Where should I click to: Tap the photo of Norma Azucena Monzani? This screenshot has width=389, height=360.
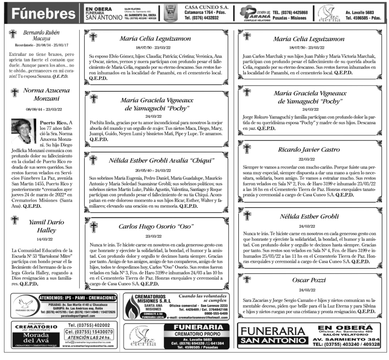coord(23,131)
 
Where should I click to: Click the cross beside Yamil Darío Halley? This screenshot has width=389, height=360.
coord(15,220)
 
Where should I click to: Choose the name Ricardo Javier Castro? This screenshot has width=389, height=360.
coord(309,150)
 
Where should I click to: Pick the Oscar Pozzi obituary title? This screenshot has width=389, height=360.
coord(309,280)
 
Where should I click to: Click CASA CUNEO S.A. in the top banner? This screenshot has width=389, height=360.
coord(207,7)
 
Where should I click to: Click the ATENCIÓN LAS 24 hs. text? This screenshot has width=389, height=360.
coord(89,337)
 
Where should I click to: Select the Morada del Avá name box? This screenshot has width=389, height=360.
coord(36,337)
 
